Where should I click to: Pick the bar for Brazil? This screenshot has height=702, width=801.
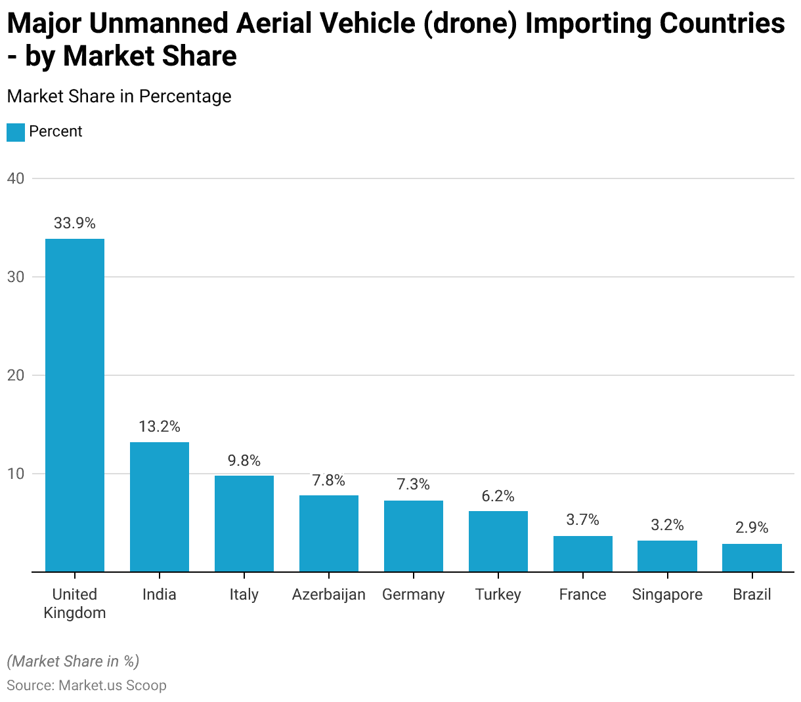pos(752,558)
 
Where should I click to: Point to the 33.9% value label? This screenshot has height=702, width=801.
pos(75,223)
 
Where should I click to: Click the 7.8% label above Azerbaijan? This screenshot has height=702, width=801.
pos(329,480)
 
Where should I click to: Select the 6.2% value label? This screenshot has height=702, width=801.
pos(498,496)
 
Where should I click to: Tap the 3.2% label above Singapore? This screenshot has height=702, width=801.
pos(667,525)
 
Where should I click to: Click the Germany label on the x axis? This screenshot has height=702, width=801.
pos(414,594)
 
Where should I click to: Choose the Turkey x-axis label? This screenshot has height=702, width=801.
pos(498,594)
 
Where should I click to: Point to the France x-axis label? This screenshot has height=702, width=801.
pos(583,594)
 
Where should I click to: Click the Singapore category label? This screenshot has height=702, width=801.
pos(667,594)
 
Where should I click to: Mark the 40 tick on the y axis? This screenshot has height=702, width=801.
pos(16,178)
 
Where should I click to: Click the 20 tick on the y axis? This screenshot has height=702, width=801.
pos(16,375)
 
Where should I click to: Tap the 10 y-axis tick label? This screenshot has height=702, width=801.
pos(16,474)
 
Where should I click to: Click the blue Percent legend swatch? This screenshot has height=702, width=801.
pos(16,132)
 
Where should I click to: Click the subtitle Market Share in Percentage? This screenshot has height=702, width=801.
pos(119,96)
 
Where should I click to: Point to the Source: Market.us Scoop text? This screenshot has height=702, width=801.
pos(87,686)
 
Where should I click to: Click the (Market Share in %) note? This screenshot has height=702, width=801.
pos(73,661)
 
